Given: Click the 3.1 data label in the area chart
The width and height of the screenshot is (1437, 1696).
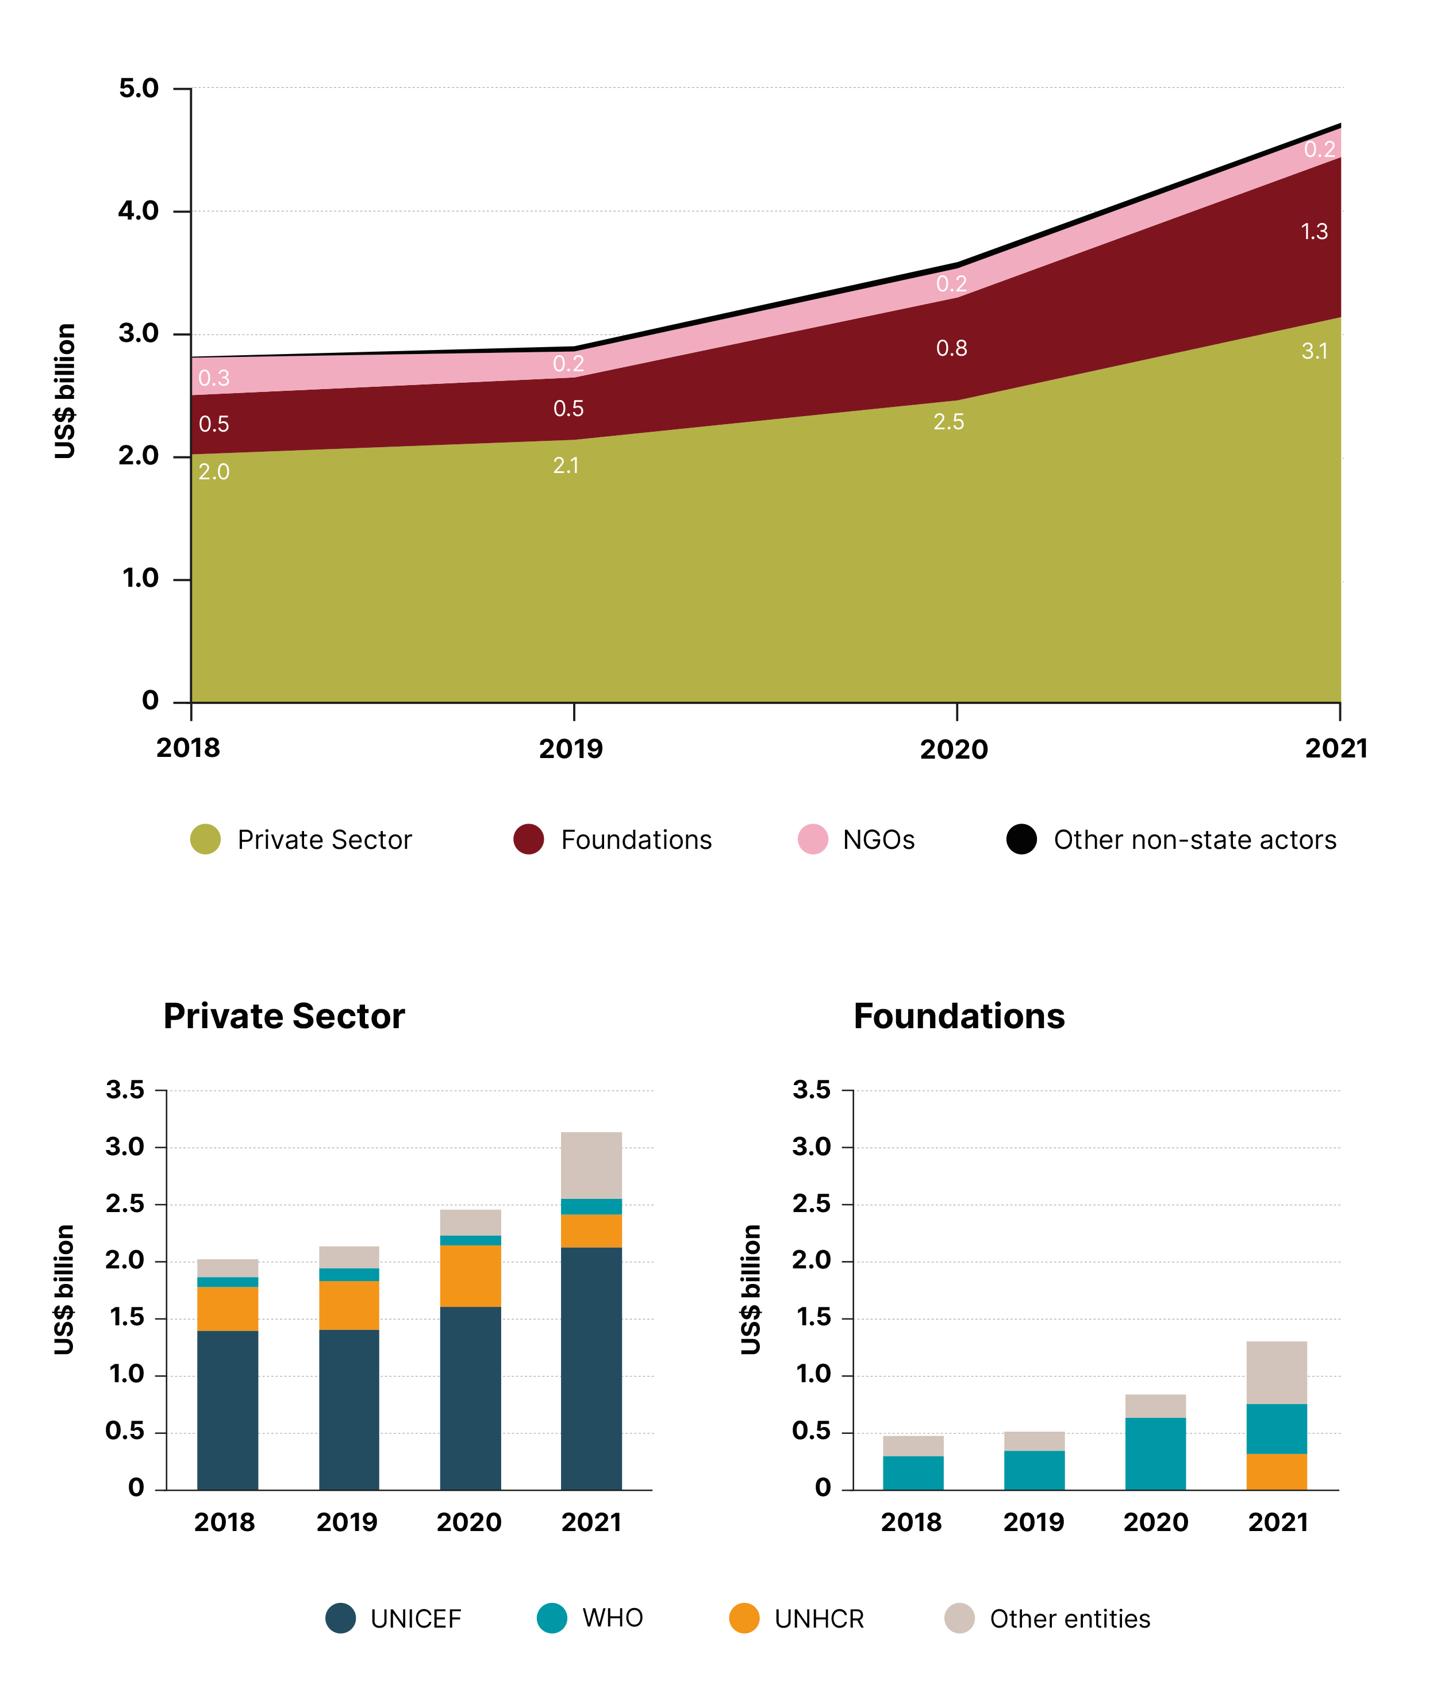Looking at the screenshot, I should pyautogui.click(x=1314, y=351).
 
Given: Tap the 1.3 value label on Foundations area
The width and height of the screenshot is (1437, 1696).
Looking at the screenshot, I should pyautogui.click(x=1314, y=232).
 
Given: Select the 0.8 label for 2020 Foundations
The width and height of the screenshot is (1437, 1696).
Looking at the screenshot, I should pyautogui.click(x=951, y=349).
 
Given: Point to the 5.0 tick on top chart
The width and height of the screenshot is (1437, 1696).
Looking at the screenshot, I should pyautogui.click(x=139, y=88).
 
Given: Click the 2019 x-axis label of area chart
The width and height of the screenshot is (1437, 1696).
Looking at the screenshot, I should pyautogui.click(x=570, y=749).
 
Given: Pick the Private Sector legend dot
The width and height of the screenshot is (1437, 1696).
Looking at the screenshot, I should pyautogui.click(x=205, y=839).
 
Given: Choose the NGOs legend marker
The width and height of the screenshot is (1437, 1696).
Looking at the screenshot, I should pyautogui.click(x=812, y=839).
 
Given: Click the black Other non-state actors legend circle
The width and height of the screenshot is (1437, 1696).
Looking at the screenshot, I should pyautogui.click(x=1021, y=839).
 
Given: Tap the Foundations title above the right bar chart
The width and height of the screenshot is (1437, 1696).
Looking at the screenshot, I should pyautogui.click(x=959, y=1016).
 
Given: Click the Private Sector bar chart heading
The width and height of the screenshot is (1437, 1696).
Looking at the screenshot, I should pyautogui.click(x=283, y=1016).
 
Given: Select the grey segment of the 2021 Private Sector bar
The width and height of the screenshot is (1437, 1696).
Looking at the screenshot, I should pyautogui.click(x=591, y=1165).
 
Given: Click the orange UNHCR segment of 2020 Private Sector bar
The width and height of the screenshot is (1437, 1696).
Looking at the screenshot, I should pyautogui.click(x=470, y=1276).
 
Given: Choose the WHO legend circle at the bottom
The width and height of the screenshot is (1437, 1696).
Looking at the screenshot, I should pyautogui.click(x=551, y=1618).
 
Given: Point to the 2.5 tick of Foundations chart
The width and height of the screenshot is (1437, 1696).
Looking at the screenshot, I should pyautogui.click(x=812, y=1204).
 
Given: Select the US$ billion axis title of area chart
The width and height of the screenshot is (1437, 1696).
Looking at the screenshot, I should pyautogui.click(x=65, y=391).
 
